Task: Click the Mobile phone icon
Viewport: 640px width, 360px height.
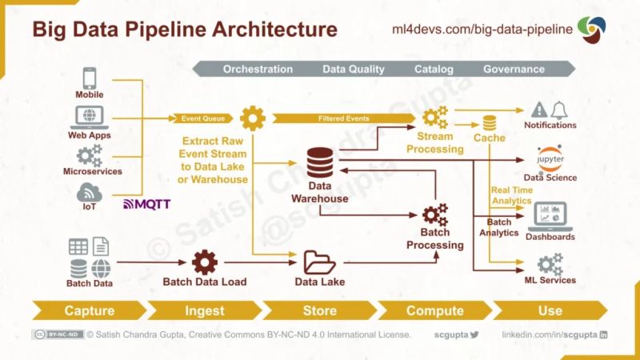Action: coord(89,78)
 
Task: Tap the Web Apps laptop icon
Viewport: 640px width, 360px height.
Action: coord(89,117)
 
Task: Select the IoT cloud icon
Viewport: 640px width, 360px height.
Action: coord(89,192)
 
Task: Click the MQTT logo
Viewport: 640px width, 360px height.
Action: coord(146,204)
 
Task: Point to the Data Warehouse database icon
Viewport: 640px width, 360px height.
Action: coord(320,164)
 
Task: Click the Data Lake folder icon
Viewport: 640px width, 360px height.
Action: coord(320,262)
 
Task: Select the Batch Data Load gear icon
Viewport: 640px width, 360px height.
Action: coord(205,262)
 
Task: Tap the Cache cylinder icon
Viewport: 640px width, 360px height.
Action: coord(489,122)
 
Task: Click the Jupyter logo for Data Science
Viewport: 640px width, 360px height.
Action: coord(550,158)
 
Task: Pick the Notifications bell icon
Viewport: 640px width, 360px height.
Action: coord(558,110)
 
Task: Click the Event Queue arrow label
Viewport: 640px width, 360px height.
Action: coord(202,118)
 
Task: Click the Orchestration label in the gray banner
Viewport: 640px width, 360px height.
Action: coord(258,70)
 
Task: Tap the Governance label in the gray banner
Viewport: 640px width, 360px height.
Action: coord(514,70)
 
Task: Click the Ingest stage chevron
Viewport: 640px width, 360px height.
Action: coord(205,310)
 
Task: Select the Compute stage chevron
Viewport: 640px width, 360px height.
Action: coord(434,310)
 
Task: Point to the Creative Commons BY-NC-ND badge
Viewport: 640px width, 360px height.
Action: coord(57,334)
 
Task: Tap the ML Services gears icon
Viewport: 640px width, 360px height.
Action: coord(550,263)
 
